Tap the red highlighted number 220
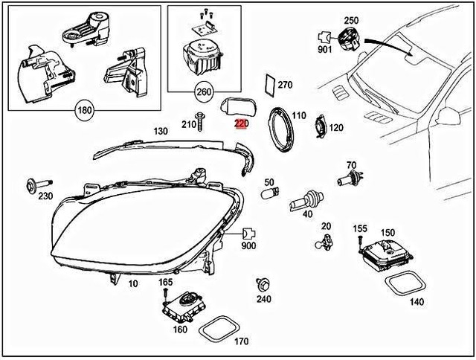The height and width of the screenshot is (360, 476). (241, 124)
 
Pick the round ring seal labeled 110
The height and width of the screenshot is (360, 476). (282, 127)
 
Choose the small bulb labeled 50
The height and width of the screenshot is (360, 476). (269, 195)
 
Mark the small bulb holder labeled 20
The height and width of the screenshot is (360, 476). (325, 241)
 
